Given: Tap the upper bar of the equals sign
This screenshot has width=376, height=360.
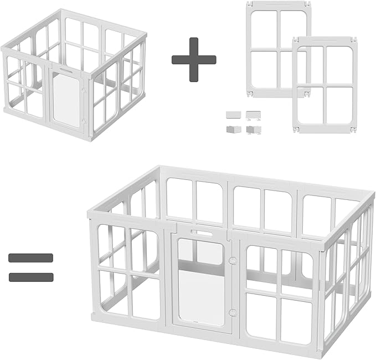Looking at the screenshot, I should point(31,258).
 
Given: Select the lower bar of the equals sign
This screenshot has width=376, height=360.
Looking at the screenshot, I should point(31,276).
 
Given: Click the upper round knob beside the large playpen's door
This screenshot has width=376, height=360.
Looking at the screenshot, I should point(232,259).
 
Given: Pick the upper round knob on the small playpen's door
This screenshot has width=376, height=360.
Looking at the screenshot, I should point(83,90).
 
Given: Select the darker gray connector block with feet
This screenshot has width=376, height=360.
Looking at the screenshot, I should point(254,129).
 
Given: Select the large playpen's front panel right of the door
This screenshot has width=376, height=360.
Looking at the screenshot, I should point(280,285).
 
